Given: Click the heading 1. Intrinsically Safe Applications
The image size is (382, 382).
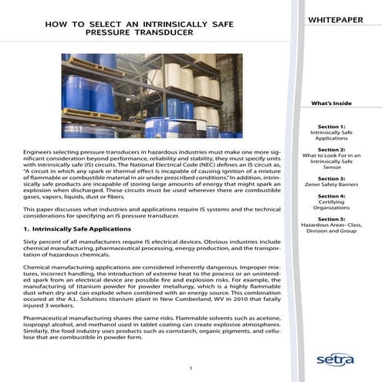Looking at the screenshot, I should tap(69, 229).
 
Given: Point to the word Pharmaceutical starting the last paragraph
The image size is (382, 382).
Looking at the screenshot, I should tap(50, 316).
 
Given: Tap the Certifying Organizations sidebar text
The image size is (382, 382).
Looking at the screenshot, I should tap(331, 206).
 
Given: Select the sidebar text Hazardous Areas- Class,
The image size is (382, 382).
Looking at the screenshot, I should tap(331, 226).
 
